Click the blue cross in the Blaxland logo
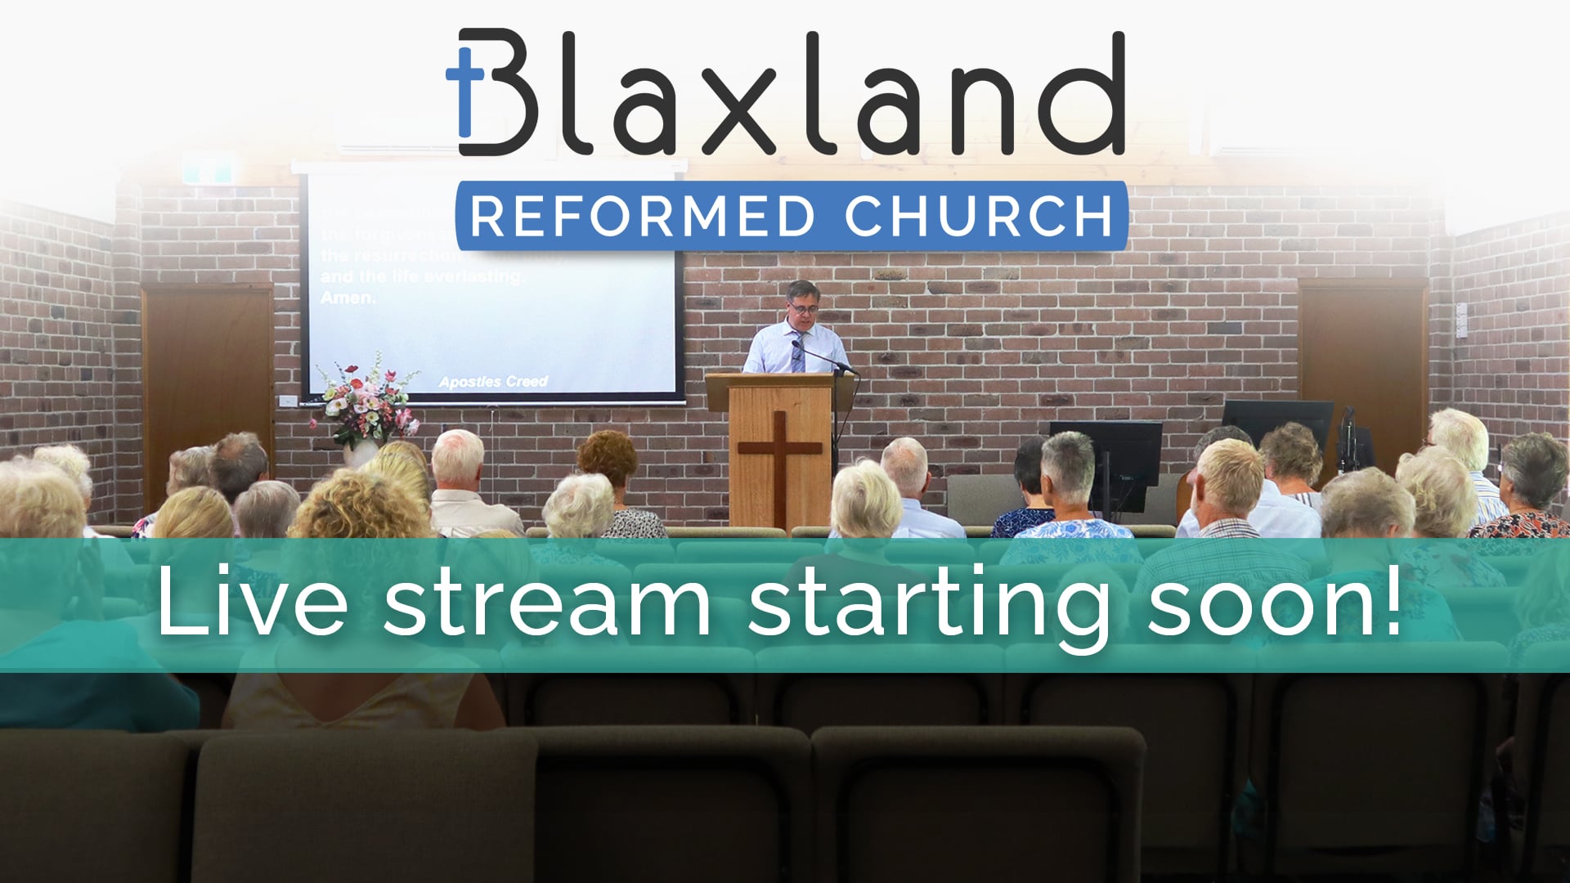[x=464, y=90]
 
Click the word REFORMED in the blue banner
[x=642, y=216]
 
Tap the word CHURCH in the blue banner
[x=978, y=216]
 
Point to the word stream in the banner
[x=547, y=603]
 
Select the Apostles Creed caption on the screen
[x=493, y=382]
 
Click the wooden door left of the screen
[x=208, y=384]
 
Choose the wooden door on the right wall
[x=1362, y=368]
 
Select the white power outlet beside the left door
[x=288, y=401]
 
